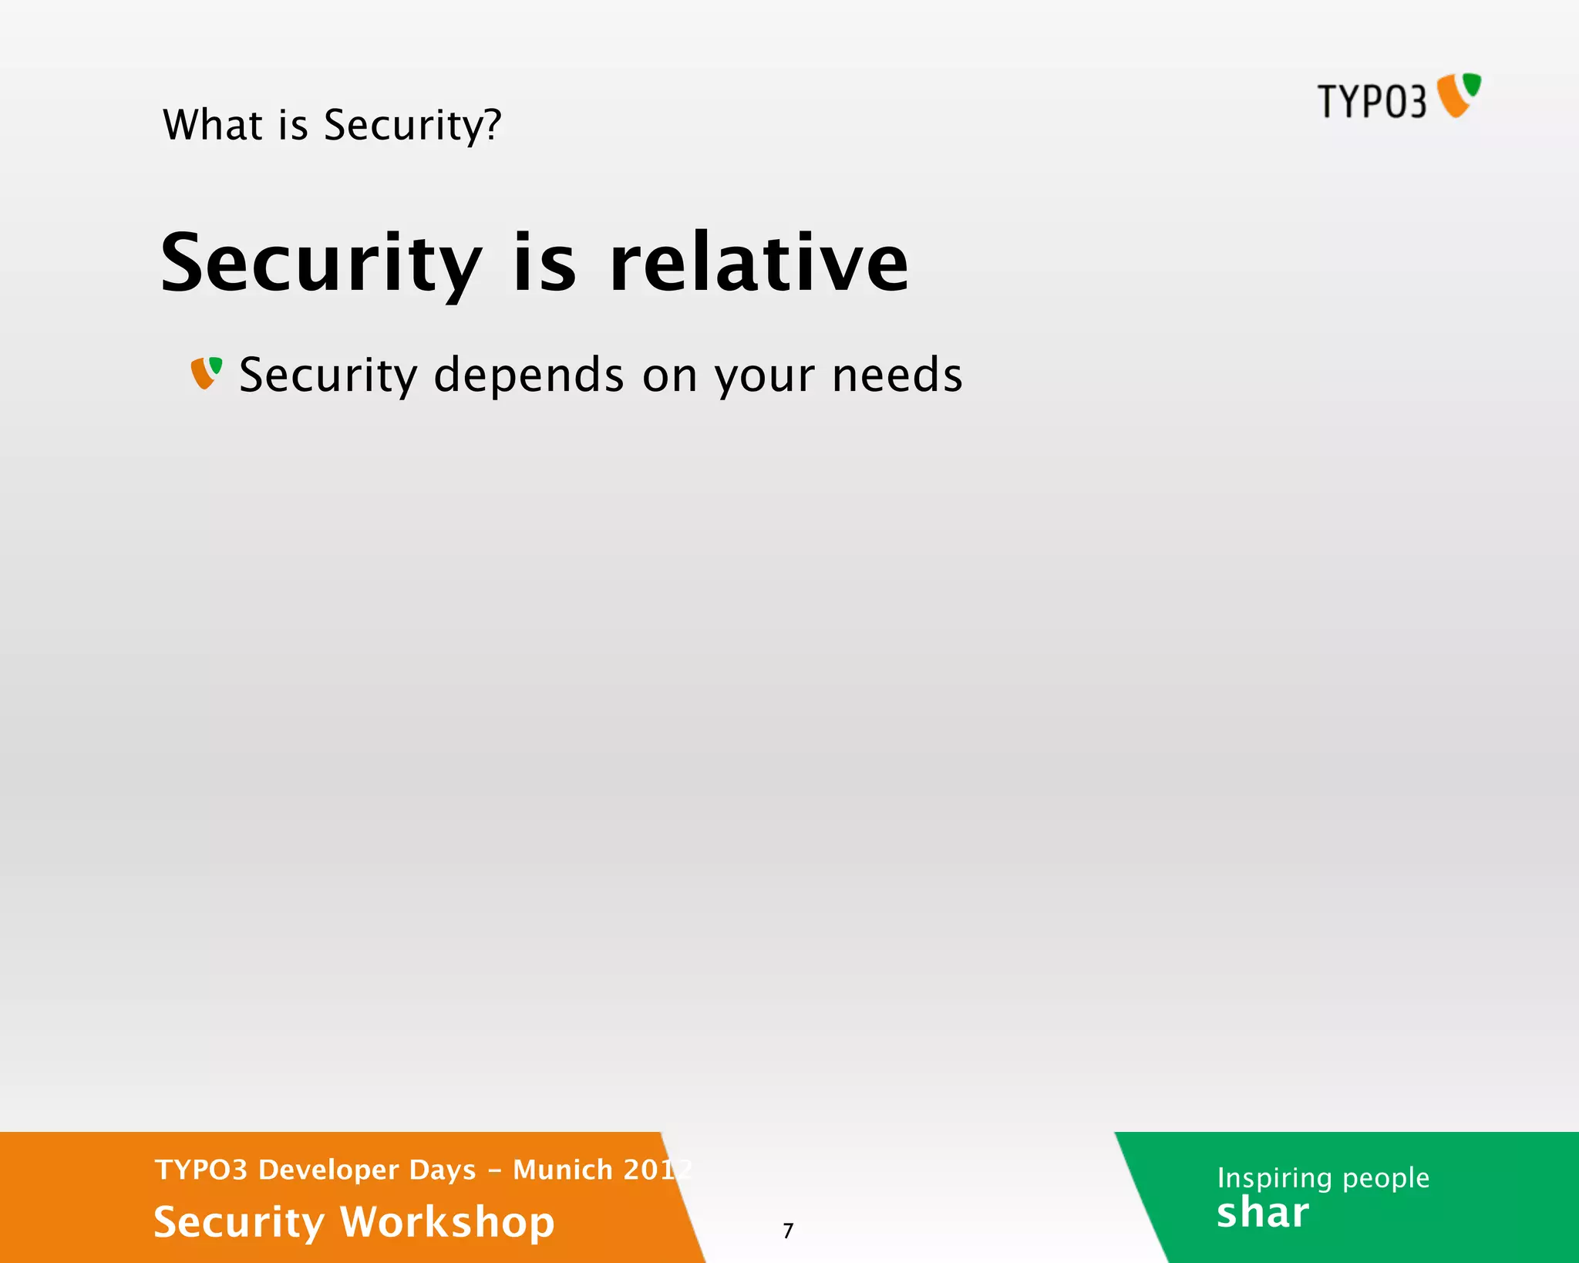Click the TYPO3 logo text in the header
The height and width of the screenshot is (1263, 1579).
click(1372, 102)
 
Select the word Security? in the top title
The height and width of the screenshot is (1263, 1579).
click(412, 126)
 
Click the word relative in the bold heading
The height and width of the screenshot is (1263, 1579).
click(759, 264)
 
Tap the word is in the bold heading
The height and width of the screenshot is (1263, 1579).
click(544, 264)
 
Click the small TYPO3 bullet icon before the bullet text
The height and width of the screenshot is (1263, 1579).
click(207, 372)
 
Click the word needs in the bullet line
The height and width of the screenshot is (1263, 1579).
click(897, 376)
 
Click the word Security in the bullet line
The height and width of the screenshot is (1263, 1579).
click(328, 376)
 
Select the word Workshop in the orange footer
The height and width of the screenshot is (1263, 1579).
click(447, 1223)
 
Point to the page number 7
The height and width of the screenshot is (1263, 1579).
click(788, 1231)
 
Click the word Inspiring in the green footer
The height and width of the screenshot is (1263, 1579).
click(1274, 1178)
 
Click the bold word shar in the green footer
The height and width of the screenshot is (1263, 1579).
click(1262, 1214)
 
